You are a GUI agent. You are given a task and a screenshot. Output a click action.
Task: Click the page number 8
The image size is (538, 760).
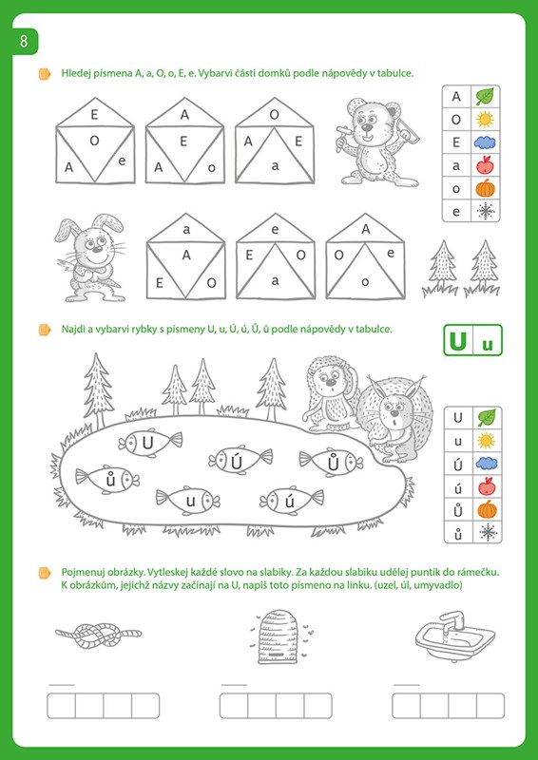point(24,42)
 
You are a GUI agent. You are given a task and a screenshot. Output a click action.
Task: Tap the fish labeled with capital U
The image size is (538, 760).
point(150,442)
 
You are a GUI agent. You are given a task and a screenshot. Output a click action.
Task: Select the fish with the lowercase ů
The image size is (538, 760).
point(107,480)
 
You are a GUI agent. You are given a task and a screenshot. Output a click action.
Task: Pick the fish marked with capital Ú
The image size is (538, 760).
point(240,460)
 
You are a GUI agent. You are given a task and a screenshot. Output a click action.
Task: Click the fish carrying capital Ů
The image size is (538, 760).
point(331,462)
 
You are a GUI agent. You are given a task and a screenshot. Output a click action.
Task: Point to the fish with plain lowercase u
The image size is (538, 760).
point(188,501)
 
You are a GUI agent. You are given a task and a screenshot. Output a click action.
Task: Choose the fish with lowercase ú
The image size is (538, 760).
point(292,500)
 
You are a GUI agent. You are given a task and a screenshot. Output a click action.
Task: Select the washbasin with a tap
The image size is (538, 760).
point(455,636)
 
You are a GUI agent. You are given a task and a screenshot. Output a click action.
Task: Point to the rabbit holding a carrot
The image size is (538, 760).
point(90,258)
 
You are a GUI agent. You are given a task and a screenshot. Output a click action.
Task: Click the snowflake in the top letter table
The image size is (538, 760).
point(485,211)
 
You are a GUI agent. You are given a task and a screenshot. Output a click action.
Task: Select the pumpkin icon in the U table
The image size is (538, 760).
point(487,509)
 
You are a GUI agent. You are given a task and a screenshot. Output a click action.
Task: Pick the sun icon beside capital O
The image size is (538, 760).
point(485,120)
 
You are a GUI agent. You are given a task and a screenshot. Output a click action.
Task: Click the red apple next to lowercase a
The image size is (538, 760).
point(485,164)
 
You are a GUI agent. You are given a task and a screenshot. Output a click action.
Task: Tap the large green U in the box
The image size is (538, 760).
point(458,341)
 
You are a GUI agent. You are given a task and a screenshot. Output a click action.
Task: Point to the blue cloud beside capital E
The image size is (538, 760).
point(485,142)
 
